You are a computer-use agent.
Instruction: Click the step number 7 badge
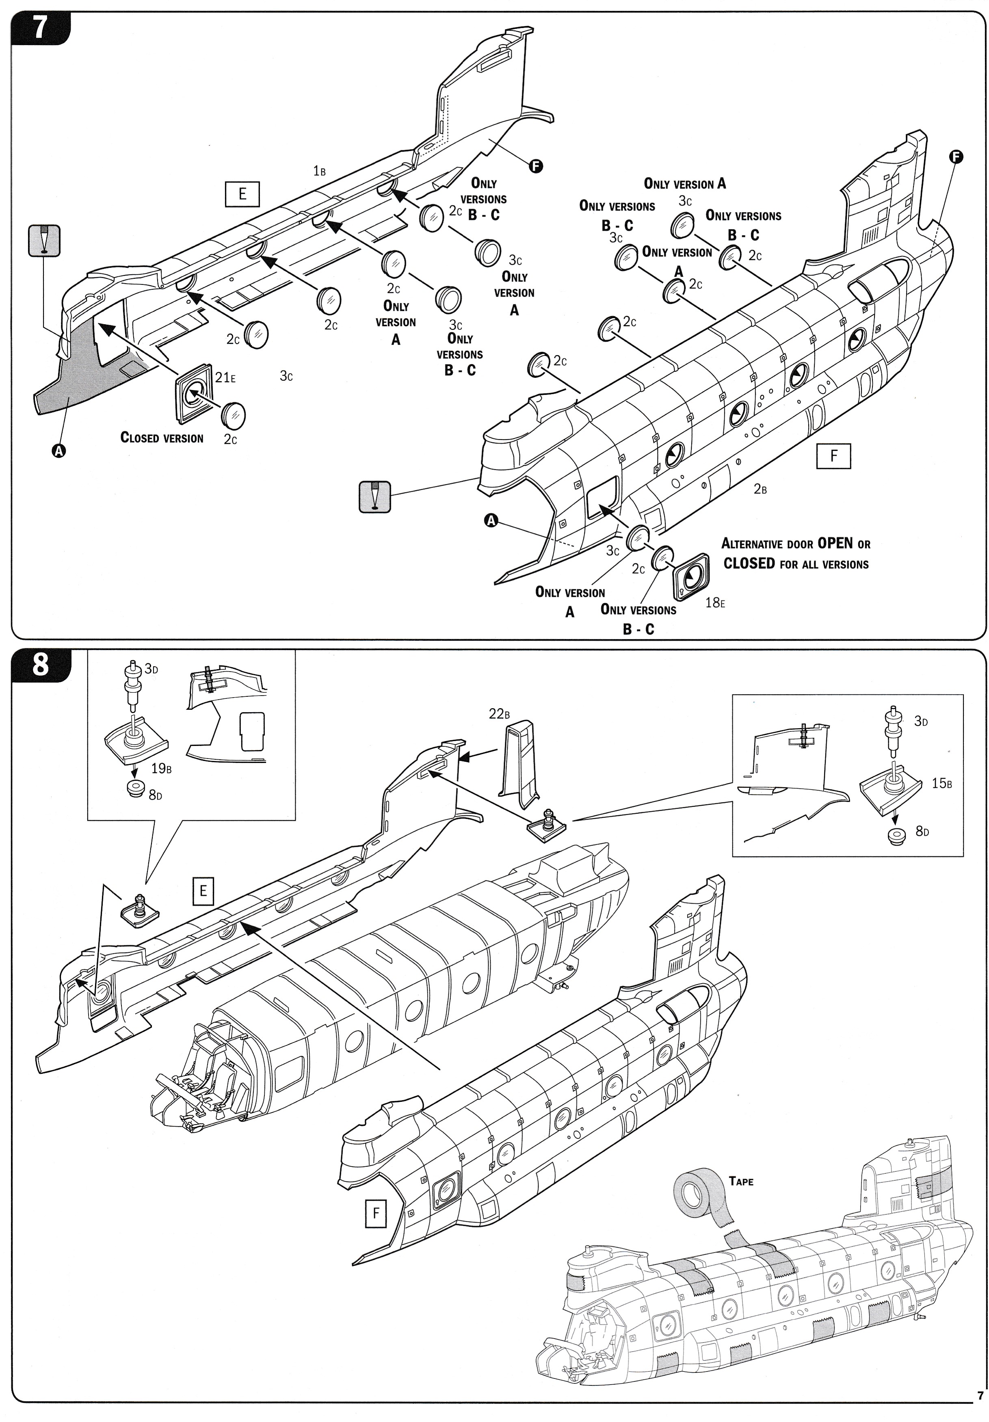pos(40,27)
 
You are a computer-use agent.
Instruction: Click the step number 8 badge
pos(40,665)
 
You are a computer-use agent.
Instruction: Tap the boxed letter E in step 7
pos(242,194)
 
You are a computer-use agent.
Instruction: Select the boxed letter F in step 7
pos(833,456)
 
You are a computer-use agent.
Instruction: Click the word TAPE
pos(741,1181)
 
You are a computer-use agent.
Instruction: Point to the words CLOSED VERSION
pos(162,438)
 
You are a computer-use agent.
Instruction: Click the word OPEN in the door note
pos(835,543)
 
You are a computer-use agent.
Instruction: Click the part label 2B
pos(760,489)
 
